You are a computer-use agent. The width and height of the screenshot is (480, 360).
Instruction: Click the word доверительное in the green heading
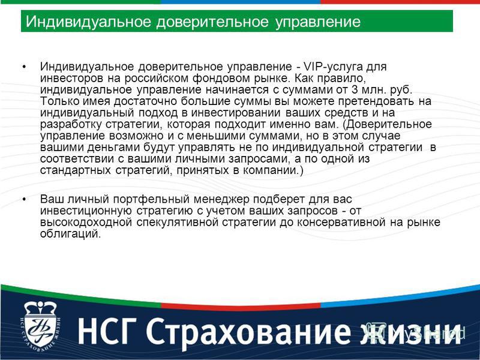pos(212,22)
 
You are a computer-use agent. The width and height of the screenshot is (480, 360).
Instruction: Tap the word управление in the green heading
pos(318,22)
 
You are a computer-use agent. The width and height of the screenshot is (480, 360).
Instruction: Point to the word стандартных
pos(76,170)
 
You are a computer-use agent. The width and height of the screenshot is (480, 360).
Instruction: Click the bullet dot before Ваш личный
pos(25,200)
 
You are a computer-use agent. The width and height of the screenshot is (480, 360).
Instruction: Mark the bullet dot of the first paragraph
pos(25,67)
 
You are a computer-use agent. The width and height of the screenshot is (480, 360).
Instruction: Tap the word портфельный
pos(151,200)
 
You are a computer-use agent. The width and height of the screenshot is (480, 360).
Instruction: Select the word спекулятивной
pos(178,223)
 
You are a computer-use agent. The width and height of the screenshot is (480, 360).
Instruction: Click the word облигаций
pos(70,234)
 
